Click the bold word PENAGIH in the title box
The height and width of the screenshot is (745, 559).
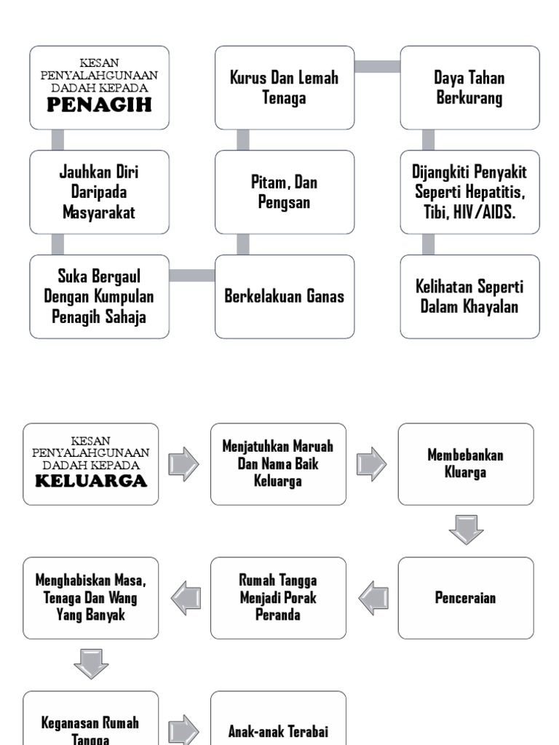point(99,106)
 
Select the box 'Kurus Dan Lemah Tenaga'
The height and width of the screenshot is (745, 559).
point(285,88)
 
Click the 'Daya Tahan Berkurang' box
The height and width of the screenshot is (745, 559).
point(469,88)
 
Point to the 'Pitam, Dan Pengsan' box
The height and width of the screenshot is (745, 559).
point(285,192)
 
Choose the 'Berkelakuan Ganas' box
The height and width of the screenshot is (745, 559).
point(285,297)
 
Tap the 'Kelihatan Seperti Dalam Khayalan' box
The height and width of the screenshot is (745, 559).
point(469,297)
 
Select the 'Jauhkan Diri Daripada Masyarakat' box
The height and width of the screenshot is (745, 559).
point(99,192)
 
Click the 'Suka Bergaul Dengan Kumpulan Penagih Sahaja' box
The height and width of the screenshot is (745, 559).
point(99,297)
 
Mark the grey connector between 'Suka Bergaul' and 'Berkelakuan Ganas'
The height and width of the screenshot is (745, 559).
point(192,275)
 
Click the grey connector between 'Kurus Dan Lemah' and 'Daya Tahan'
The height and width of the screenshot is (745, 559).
point(377,66)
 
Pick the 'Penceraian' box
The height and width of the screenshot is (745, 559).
point(465,598)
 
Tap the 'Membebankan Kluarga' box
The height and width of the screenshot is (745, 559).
point(465,464)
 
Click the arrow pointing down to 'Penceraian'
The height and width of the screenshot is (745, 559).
point(466,530)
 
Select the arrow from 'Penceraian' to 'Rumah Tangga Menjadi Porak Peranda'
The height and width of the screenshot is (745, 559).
point(373,597)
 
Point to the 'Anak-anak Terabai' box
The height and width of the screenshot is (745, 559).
point(278,731)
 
